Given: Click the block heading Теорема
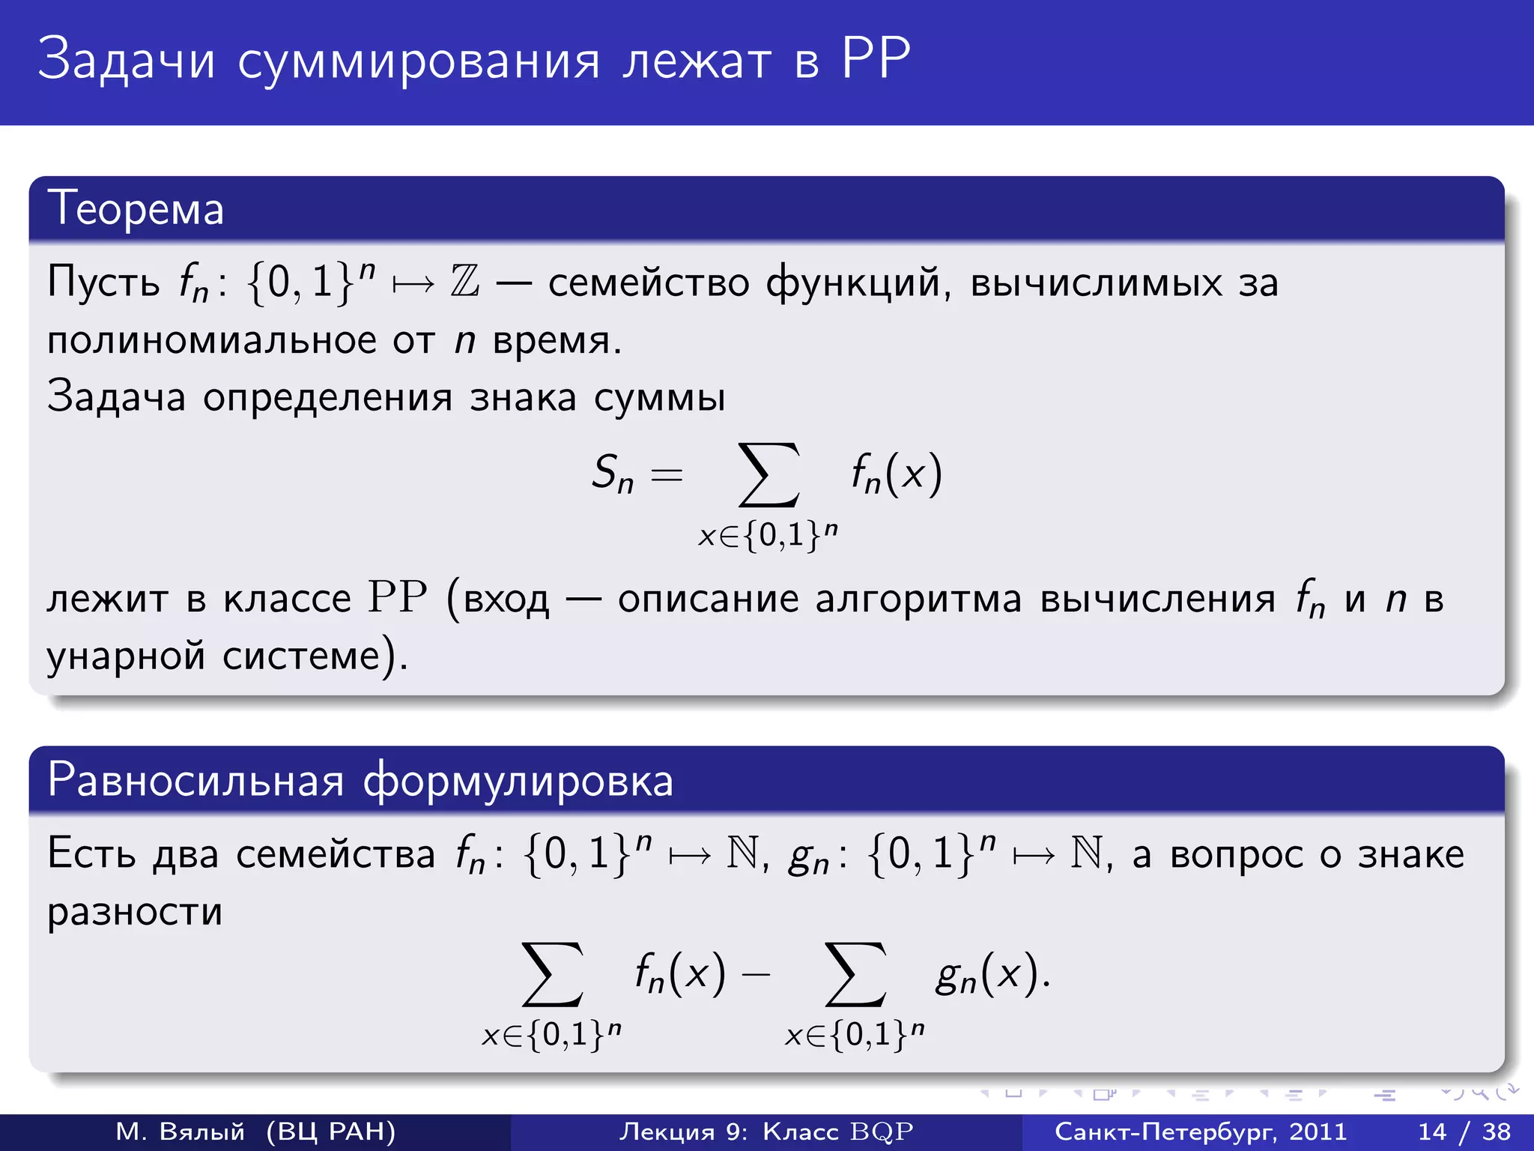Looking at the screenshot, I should [x=136, y=208].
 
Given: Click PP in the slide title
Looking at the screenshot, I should [x=876, y=58].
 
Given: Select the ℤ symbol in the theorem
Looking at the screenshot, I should [x=464, y=283].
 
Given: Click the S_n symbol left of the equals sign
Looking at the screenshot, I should [x=613, y=474].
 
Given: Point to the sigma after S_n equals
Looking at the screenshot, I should [x=768, y=475].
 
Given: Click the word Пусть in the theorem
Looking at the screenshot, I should [x=103, y=283].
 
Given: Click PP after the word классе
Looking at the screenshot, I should [x=397, y=598].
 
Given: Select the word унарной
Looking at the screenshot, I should [x=126, y=656].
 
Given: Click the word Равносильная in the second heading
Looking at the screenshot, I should [x=195, y=780].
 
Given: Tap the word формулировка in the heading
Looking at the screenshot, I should [x=518, y=780].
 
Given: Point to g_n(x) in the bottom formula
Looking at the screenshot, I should [x=987, y=974].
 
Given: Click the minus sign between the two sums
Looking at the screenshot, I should [x=756, y=974].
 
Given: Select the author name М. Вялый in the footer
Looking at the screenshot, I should [x=181, y=1132].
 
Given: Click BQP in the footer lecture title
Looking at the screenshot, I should [x=882, y=1132].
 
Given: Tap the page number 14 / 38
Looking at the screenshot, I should [x=1464, y=1132].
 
